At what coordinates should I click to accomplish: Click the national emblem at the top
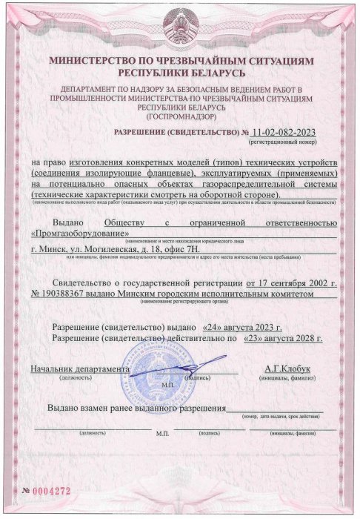click(x=180, y=27)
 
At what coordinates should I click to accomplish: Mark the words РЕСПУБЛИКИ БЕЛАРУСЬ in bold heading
click(x=180, y=74)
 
